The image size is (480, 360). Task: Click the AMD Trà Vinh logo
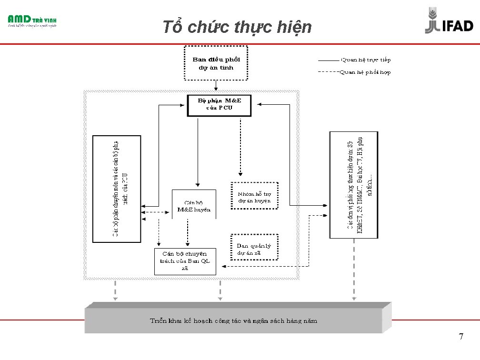32,21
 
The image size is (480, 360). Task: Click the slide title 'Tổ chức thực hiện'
237,27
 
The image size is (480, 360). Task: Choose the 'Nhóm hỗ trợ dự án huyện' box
254,196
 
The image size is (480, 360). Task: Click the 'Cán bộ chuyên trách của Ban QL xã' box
185,261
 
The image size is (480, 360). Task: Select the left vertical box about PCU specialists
117,189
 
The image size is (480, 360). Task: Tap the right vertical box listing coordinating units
354,185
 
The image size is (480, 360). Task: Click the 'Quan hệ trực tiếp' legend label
366,60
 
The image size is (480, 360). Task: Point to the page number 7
461,337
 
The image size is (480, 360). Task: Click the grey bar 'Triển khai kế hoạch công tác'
234,320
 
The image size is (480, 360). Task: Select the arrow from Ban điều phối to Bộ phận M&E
216,86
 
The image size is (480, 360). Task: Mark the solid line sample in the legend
328,60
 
